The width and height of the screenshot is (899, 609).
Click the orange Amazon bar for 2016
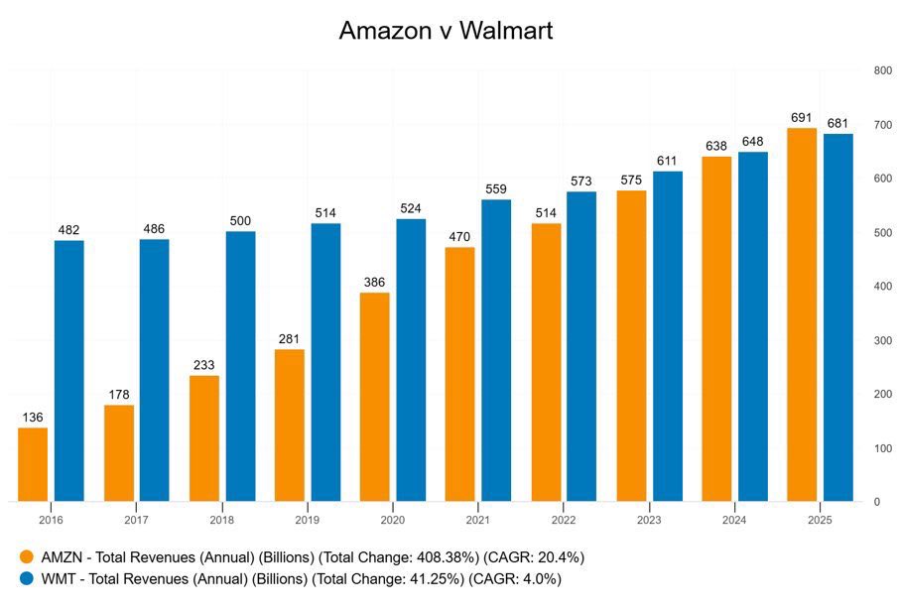[x=33, y=464]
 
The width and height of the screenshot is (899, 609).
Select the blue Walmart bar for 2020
[x=411, y=360]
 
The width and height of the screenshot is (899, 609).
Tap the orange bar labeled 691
[x=802, y=314]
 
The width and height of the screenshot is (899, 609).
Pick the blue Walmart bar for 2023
[x=667, y=336]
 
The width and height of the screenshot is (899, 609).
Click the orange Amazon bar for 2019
[x=289, y=425]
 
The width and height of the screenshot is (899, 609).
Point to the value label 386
[x=374, y=282]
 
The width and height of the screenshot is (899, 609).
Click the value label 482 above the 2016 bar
[x=68, y=230]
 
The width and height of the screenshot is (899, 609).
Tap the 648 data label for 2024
[x=752, y=141]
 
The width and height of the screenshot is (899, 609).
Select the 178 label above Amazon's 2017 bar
[x=118, y=394]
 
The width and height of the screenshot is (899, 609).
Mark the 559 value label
[x=496, y=188]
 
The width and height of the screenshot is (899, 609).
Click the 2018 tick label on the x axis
[x=222, y=520]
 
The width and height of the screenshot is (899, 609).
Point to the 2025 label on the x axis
[x=820, y=520]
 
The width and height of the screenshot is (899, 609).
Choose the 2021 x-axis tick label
[x=478, y=520]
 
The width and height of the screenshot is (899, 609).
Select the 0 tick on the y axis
[x=876, y=502]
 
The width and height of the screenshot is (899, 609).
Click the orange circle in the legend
[x=27, y=557]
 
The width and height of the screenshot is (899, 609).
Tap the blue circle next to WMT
[x=27, y=578]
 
